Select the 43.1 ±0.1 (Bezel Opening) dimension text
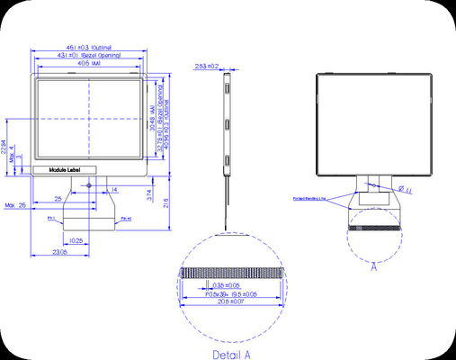tap(89, 55)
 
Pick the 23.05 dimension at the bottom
tap(61, 254)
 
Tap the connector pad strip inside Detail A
tap(233, 272)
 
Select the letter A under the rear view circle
tap(373, 266)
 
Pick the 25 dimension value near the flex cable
tap(58, 197)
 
